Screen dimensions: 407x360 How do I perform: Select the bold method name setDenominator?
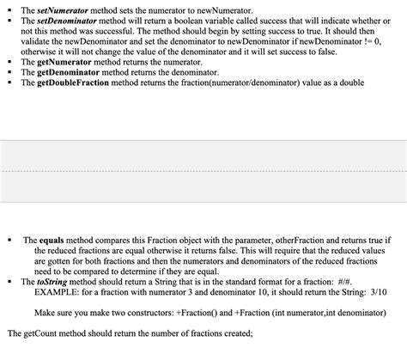pos(62,18)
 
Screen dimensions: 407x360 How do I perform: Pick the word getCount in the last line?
pos(43,333)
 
